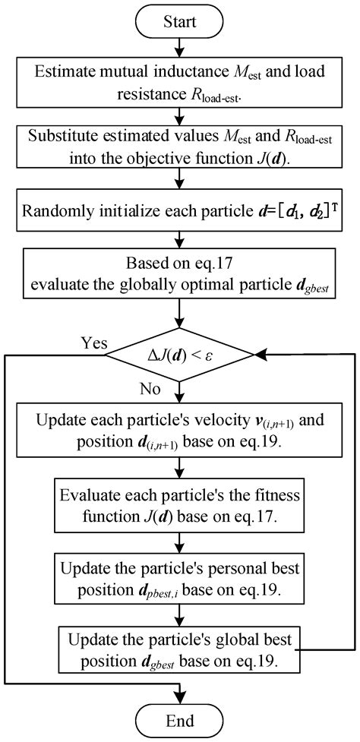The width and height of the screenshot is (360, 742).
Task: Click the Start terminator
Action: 179,21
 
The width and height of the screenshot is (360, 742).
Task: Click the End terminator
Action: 179,719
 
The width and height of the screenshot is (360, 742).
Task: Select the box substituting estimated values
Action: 179,150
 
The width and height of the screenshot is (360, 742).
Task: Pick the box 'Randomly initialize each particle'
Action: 179,207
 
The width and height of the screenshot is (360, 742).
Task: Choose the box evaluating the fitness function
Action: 179,507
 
